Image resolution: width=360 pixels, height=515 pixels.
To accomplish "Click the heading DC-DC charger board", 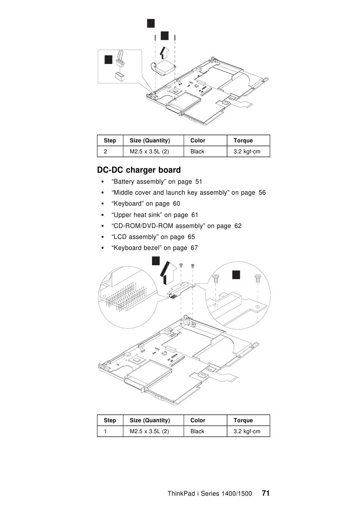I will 139,170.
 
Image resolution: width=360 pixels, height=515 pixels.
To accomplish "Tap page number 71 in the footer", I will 266,493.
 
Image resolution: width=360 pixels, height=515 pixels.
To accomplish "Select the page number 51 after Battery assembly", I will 199,181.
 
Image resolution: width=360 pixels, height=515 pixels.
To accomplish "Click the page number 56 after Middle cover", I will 262,192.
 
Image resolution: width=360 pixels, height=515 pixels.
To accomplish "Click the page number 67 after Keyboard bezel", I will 194,248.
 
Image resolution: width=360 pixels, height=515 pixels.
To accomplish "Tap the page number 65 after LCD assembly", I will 191,237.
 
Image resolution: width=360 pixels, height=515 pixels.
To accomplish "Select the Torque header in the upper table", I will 243,140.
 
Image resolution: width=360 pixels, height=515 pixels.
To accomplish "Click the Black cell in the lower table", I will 197,431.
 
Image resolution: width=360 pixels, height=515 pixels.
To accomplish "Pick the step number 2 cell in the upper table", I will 105,151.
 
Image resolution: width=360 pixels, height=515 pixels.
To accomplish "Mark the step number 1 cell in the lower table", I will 105,431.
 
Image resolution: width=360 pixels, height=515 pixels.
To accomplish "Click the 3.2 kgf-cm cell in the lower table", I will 247,431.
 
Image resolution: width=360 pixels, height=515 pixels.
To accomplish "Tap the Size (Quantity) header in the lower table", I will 150,420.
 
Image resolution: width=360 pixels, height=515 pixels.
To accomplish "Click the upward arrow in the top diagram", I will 163,52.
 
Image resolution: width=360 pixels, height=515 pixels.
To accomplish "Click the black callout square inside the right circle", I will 236,275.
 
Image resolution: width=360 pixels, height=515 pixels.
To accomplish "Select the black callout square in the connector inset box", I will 108,59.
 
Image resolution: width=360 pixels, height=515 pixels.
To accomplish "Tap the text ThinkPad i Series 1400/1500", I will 210,493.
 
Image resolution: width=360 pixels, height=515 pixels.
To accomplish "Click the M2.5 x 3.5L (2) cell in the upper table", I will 149,151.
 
